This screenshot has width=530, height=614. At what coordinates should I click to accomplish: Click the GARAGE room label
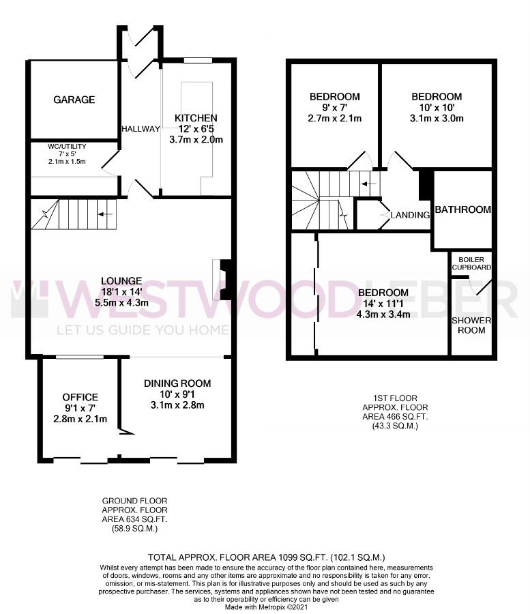[x=74, y=100]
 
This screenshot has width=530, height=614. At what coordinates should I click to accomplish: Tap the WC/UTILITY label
[x=67, y=147]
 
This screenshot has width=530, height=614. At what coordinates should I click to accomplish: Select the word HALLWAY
[x=141, y=129]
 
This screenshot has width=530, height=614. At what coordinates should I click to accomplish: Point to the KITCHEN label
[x=196, y=118]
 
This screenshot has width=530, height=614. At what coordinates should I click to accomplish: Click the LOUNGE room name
[x=121, y=281]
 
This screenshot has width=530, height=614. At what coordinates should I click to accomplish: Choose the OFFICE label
[x=80, y=397]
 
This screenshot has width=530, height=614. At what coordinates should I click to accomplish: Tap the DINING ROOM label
[x=177, y=383]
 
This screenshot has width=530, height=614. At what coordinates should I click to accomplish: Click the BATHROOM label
[x=463, y=209]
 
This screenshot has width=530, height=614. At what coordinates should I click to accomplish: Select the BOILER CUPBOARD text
[x=471, y=263]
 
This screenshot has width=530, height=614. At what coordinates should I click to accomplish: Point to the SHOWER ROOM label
[x=471, y=325]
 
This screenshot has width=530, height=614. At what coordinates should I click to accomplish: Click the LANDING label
[x=410, y=215]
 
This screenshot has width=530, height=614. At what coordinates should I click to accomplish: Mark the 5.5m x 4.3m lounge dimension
[x=121, y=303]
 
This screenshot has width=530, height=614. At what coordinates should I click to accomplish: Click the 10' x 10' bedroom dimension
[x=437, y=108]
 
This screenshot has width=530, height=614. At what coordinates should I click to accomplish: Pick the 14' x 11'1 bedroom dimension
[x=383, y=304]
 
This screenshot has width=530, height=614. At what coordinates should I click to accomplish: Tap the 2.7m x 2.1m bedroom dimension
[x=335, y=118]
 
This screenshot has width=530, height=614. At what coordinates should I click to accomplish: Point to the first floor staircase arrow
[x=369, y=184]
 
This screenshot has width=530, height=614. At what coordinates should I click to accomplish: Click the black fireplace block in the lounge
[x=226, y=280]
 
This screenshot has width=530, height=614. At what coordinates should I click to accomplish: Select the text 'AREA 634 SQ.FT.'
[x=134, y=520]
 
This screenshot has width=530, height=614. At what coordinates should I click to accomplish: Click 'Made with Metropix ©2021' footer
[x=266, y=607]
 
